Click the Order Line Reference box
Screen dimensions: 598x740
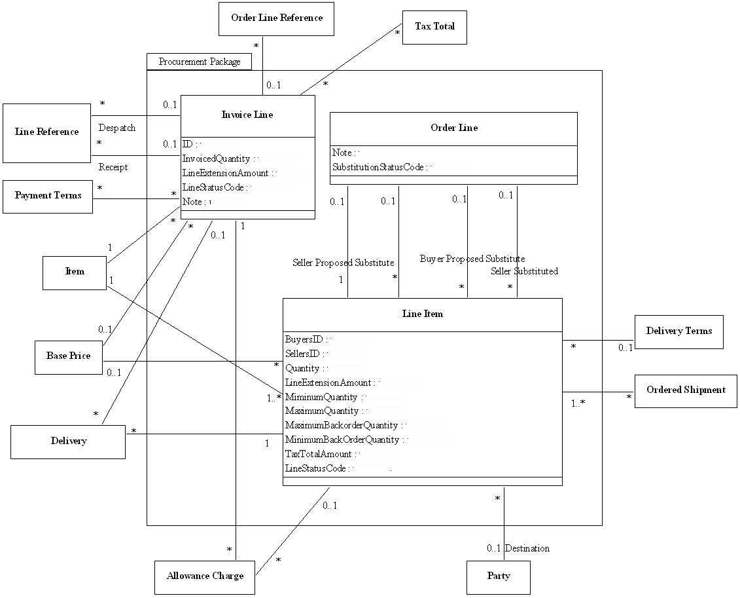[x=276, y=18]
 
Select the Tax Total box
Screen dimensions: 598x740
[x=434, y=27]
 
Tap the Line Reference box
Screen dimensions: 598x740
[x=46, y=132]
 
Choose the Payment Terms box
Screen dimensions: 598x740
[x=48, y=196]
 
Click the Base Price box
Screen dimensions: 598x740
[x=68, y=356]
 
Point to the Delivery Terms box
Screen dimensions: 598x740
[x=678, y=331]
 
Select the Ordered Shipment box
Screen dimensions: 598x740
[x=686, y=390]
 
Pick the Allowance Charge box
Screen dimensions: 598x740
[x=205, y=576]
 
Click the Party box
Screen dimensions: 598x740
[x=498, y=576]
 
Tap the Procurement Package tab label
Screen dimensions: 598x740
[x=200, y=62]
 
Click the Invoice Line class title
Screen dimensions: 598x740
[x=247, y=115]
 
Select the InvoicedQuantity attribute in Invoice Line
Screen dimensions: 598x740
[x=217, y=159]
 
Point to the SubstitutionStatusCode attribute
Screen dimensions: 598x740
[x=378, y=168]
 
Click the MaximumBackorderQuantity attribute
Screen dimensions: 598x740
[x=342, y=426]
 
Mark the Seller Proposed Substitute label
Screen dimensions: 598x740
[x=343, y=263]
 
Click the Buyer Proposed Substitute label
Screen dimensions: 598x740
[x=472, y=259]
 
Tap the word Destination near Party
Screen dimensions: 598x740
[x=527, y=548]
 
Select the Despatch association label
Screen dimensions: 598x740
[x=117, y=128]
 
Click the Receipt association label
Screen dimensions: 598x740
[x=113, y=168]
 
